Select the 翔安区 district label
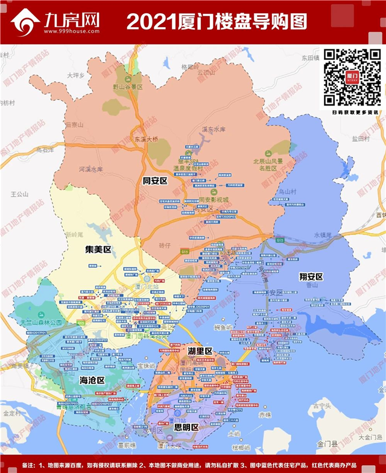pos(311,276)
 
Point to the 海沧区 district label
pos(92,381)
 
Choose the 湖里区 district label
pos(200,351)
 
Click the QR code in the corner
pos(352,77)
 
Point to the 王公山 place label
pos(20,194)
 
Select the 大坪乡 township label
pos(77,75)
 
